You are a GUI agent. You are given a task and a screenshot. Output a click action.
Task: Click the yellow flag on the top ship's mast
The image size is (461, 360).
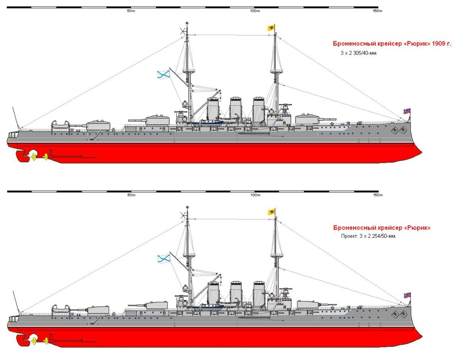pyautogui.click(x=271, y=28)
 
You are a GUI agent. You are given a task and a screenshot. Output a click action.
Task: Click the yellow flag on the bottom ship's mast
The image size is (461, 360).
pyautogui.click(x=271, y=212)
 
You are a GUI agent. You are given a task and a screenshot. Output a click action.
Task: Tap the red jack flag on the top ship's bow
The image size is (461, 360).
pyautogui.click(x=406, y=111)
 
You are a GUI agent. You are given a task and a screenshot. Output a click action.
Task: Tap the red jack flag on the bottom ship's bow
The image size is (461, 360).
pyautogui.click(x=406, y=295)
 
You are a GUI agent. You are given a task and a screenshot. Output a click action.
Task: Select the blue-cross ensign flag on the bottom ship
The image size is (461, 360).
pyautogui.click(x=163, y=259)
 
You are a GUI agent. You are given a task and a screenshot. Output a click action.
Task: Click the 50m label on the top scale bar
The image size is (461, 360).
pyautogui.click(x=131, y=11)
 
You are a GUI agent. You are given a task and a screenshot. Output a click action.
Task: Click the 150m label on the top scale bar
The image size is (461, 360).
pyautogui.click(x=378, y=11)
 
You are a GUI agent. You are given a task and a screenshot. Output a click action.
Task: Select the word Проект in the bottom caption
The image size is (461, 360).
pyautogui.click(x=349, y=236)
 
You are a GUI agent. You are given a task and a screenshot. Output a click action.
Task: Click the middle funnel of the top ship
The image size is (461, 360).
pyautogui.click(x=235, y=108)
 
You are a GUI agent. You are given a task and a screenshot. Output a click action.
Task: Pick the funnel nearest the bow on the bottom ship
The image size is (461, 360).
pyautogui.click(x=259, y=292)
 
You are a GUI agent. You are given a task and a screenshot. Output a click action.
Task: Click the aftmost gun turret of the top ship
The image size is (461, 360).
pyautogui.click(x=98, y=125)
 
